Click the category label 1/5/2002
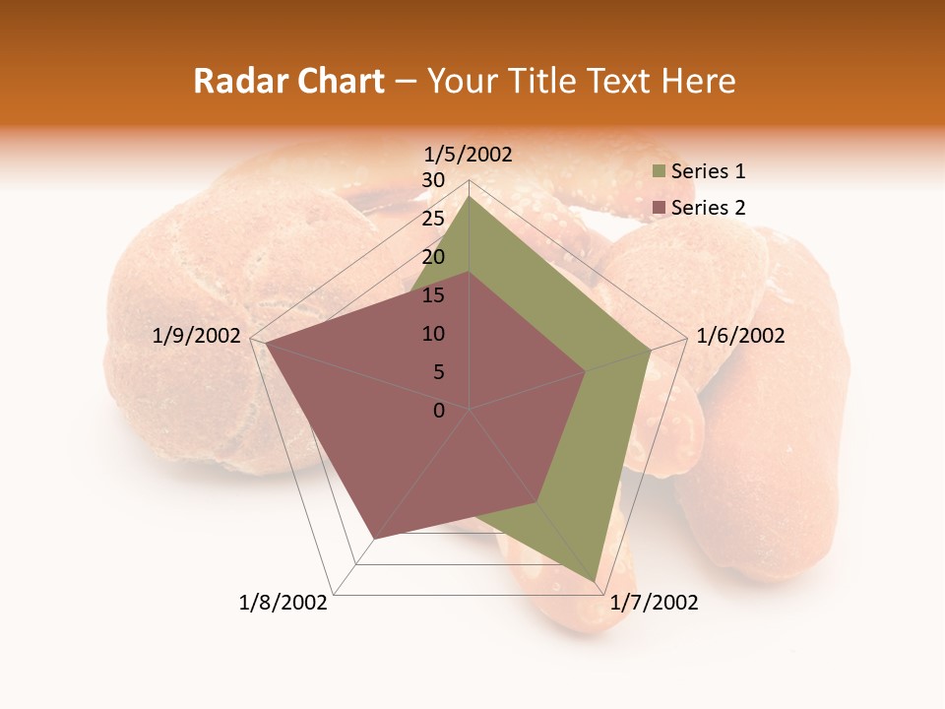(469, 154)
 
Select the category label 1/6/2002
(740, 336)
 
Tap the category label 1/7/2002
(654, 603)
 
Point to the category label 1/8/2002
(283, 603)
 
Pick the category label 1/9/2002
(197, 336)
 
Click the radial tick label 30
(433, 180)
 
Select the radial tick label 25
(433, 219)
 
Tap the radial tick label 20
(433, 257)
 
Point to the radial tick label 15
(433, 295)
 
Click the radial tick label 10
(433, 334)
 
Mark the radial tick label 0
(439, 411)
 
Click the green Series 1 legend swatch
(659, 172)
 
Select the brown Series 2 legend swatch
(659, 208)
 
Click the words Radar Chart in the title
(288, 82)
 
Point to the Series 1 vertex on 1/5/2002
(470, 196)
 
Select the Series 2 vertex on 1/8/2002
(374, 539)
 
